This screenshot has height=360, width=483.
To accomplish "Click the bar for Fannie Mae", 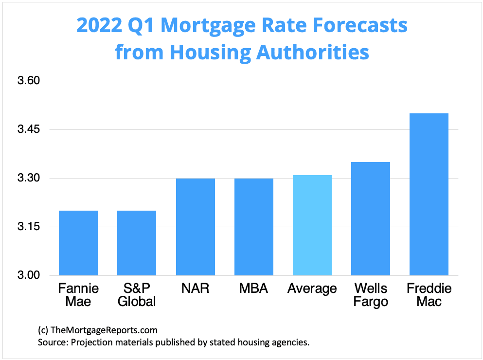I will tap(78, 243).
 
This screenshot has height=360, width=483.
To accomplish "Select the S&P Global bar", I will tap(137, 243).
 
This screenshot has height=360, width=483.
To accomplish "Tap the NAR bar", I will tap(195, 227).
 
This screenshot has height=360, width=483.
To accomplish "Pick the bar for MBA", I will tap(253, 227).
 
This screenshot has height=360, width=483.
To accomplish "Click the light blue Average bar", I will tap(312, 225).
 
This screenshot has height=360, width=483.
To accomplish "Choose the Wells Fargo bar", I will tap(371, 218).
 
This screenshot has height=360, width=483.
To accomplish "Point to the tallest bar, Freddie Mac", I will tap(429, 194).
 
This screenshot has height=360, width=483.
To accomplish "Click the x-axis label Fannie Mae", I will tap(78, 295).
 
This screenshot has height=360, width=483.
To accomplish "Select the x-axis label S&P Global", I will tap(137, 295).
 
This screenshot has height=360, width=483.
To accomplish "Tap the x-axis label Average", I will tap(312, 288).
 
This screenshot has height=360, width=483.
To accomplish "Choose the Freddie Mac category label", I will tap(429, 295).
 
